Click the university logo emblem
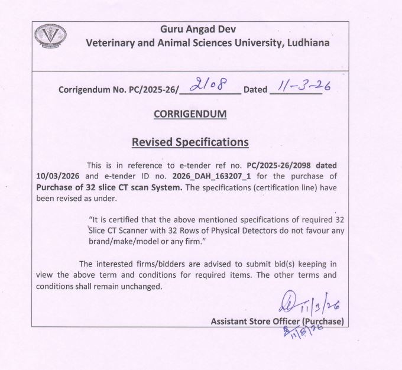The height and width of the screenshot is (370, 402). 50,35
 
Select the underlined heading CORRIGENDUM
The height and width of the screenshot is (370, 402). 190,114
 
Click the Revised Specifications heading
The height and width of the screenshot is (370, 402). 190,142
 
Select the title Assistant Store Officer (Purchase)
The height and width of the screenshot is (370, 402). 277,321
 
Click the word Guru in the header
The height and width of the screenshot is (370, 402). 174,29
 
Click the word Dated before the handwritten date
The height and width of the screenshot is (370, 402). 255,90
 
